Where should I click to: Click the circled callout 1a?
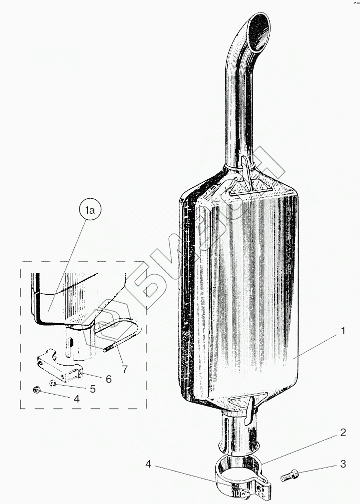90,212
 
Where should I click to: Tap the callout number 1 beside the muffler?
343,331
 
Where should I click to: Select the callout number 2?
343,433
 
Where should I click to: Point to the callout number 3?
343,464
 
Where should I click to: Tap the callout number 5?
92,388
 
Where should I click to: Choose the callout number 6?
108,379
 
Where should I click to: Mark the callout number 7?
124,369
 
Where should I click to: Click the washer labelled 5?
52,384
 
